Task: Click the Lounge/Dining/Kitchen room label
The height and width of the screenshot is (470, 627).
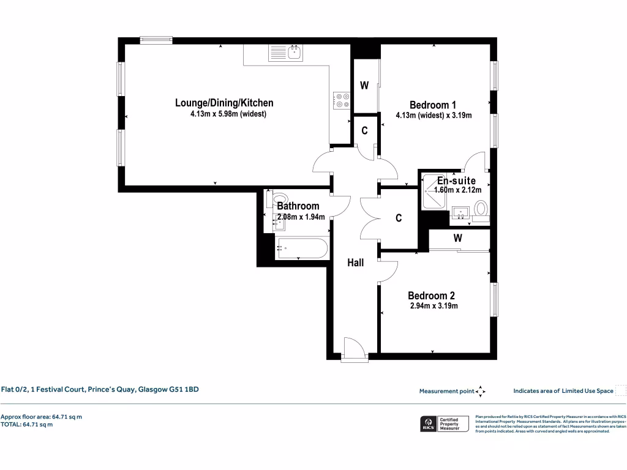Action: click(x=224, y=103)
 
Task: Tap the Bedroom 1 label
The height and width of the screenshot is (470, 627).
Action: click(x=433, y=105)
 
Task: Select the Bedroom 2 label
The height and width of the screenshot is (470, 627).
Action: click(x=431, y=296)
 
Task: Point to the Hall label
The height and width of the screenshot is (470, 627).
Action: click(x=356, y=263)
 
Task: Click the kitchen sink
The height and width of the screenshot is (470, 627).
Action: click(x=286, y=53)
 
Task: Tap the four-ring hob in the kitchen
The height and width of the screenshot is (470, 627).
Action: click(x=342, y=100)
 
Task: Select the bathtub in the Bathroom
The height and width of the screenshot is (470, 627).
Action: click(x=302, y=248)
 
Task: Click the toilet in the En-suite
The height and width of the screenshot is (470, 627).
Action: click(x=481, y=211)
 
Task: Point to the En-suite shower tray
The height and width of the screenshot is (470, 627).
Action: click(x=434, y=192)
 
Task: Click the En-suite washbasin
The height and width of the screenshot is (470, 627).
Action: click(x=461, y=212)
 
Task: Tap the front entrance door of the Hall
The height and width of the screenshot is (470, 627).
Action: click(x=355, y=349)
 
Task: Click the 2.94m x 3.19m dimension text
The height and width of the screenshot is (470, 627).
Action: click(x=434, y=306)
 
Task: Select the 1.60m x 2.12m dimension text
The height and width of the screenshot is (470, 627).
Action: click(x=458, y=190)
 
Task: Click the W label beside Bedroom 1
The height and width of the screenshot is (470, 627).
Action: click(x=364, y=86)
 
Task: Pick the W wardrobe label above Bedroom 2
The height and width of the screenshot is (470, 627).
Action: click(x=458, y=238)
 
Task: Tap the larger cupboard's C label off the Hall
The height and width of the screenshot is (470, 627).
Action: click(x=399, y=218)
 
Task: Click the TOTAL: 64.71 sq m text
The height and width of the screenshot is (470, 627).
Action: click(x=26, y=425)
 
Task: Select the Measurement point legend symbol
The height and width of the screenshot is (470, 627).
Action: click(x=480, y=391)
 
